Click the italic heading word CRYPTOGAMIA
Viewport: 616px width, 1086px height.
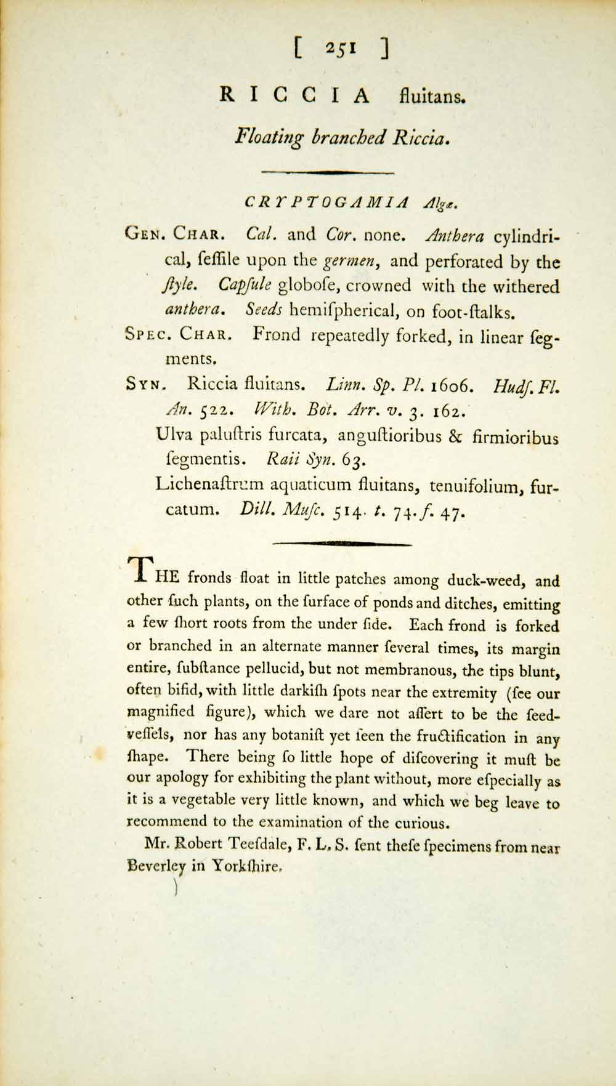[x=327, y=202]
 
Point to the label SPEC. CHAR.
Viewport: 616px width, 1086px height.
[x=179, y=335]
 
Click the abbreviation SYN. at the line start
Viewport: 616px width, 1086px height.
[x=144, y=385]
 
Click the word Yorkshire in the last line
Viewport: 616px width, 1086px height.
[x=246, y=867]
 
